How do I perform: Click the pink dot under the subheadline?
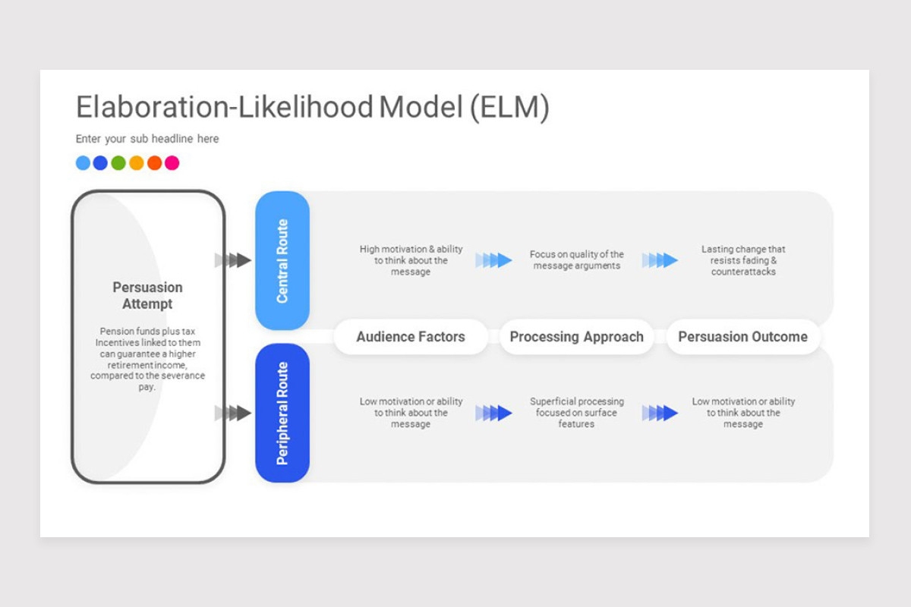coord(172,163)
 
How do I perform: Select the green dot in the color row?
coord(118,163)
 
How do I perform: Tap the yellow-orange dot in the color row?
coord(136,163)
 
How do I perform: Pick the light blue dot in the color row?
coord(83,163)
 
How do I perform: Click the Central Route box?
coord(282,260)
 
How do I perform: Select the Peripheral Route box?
coord(282,413)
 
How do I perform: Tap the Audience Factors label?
coord(411,337)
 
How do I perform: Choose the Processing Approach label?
coord(577,337)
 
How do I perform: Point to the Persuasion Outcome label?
coord(742,337)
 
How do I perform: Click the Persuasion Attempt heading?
coord(147,296)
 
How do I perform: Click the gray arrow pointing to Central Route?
coord(232,260)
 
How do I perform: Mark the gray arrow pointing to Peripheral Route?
coord(232,413)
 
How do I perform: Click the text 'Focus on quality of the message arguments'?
coord(577,259)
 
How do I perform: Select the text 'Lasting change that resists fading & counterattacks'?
coord(743,260)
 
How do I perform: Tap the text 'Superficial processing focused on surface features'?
coord(577,413)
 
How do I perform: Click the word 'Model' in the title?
coord(421,107)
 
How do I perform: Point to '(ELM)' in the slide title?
coord(510,108)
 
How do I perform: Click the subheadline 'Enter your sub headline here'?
coord(147,139)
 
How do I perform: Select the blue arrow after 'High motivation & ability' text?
coord(493,260)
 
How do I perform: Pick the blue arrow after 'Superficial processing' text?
coord(660,413)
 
